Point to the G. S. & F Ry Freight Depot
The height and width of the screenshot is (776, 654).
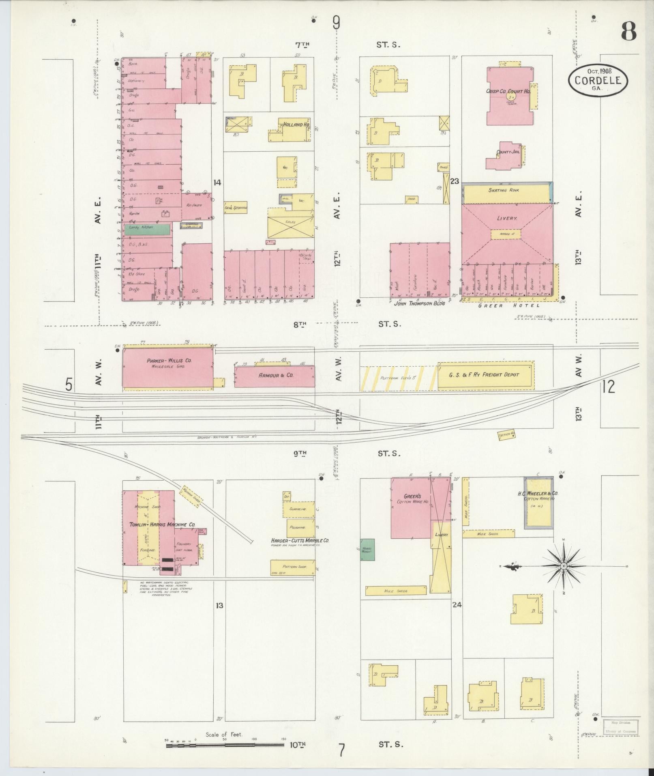pyautogui.click(x=485, y=375)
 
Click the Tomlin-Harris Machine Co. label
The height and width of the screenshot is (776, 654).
pyautogui.click(x=162, y=524)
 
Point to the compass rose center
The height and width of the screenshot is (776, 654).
pyautogui.click(x=564, y=566)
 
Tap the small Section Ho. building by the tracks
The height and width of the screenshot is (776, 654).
pyautogui.click(x=506, y=434)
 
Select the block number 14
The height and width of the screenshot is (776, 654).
pyautogui.click(x=217, y=183)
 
